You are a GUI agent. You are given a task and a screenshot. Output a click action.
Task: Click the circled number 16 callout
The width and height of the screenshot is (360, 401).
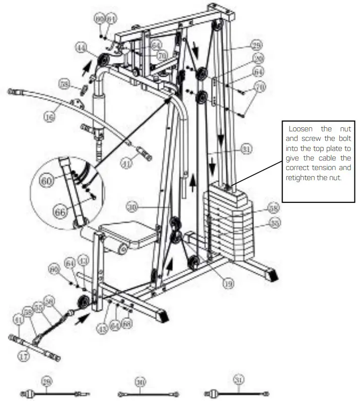(x=49, y=117)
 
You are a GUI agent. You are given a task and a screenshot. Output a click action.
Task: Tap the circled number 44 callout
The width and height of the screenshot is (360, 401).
(x=80, y=47)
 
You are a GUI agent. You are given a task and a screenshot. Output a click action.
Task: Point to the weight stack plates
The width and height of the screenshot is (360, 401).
(x=229, y=221)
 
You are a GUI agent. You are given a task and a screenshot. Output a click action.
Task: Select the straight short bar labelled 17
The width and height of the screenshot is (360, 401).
(x=35, y=347)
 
